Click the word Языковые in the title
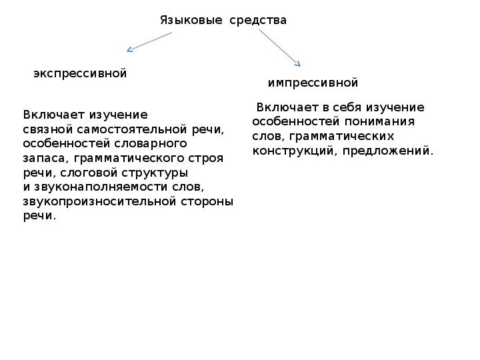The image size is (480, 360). [x=191, y=21]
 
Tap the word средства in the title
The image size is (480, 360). [x=258, y=21]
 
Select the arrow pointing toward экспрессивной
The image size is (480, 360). [x=149, y=42]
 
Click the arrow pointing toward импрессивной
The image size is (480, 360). [x=279, y=48]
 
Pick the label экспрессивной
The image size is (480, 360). [x=80, y=74]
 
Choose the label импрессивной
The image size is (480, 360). [x=313, y=83]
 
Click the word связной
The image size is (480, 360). [x=48, y=129]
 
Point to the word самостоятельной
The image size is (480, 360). [x=132, y=129]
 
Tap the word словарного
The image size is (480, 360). [x=151, y=144]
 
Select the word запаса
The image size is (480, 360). [x=44, y=159]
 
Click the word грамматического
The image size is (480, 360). [x=129, y=159]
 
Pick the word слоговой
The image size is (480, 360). [x=89, y=173]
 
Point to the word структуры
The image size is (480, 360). [x=155, y=173]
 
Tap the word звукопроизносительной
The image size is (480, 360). [x=99, y=202]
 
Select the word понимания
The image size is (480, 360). [x=379, y=122]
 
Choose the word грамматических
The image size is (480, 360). [x=341, y=137]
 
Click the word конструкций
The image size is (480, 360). [x=295, y=151]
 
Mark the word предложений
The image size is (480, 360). [x=388, y=151]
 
